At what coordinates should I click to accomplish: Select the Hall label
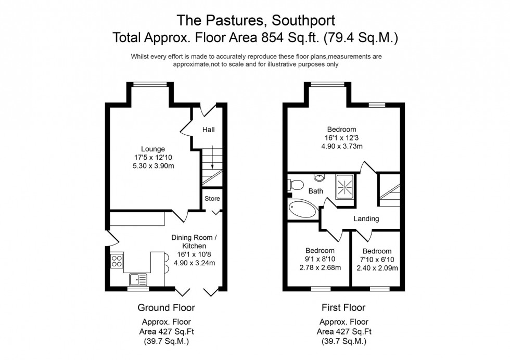(208, 130)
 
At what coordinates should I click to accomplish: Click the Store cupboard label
(212, 199)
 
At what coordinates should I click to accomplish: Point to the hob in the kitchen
(117, 261)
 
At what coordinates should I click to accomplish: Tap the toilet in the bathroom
(296, 185)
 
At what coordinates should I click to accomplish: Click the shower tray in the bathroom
(345, 186)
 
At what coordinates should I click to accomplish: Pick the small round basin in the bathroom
(319, 178)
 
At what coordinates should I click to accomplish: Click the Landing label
(366, 219)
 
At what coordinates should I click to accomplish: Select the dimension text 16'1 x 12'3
(341, 138)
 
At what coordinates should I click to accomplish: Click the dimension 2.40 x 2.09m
(377, 268)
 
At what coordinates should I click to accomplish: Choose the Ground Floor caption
(166, 308)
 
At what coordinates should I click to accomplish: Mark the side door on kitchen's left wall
(112, 239)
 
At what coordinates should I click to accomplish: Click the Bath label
(315, 191)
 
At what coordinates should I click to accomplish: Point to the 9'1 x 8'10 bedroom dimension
(320, 260)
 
